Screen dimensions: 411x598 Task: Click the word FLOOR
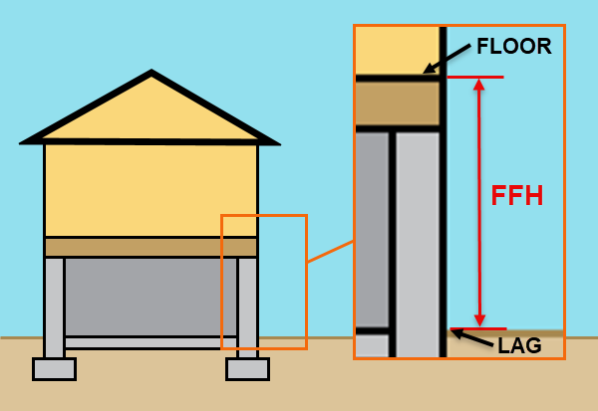(x=513, y=47)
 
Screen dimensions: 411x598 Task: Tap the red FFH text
(x=516, y=196)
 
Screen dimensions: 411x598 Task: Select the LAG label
(x=519, y=345)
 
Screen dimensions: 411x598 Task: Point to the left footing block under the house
(x=54, y=369)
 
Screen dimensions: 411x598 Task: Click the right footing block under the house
(x=247, y=369)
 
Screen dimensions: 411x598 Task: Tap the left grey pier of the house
(x=54, y=304)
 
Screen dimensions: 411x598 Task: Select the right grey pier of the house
(x=247, y=304)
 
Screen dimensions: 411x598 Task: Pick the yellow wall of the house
(x=149, y=189)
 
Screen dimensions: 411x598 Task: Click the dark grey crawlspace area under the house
(x=149, y=296)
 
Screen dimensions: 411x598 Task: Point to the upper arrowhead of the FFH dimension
(x=479, y=86)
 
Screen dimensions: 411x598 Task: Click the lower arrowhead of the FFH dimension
(x=479, y=319)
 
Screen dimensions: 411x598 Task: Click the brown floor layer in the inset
(x=397, y=103)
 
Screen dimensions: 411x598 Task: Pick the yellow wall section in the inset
(x=397, y=50)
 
